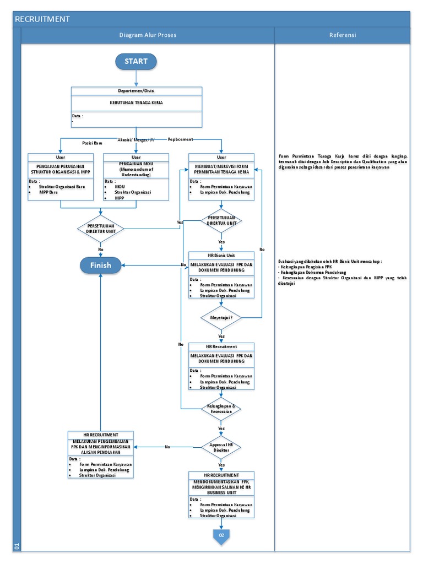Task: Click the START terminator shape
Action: click(136, 61)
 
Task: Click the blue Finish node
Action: click(101, 265)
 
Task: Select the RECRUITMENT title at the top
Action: click(42, 19)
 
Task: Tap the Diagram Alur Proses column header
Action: click(148, 35)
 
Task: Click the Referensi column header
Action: click(343, 35)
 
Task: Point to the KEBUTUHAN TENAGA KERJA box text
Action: click(136, 102)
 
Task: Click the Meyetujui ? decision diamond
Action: click(221, 318)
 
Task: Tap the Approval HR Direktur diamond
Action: click(221, 447)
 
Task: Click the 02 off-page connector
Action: click(221, 535)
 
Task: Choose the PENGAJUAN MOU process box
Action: click(136, 170)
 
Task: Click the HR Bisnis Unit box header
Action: click(221, 256)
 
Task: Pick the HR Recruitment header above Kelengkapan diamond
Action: click(221, 347)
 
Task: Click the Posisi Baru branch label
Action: click(93, 143)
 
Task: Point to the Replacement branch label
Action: click(181, 139)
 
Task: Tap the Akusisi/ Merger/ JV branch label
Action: click(136, 140)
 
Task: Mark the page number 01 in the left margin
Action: click(17, 546)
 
